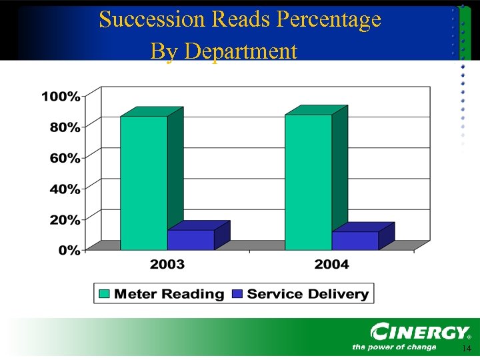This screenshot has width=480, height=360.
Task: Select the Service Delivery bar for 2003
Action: (x=191, y=239)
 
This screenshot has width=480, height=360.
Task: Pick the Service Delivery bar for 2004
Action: (x=355, y=240)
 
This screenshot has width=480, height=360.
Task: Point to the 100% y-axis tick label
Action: (x=61, y=97)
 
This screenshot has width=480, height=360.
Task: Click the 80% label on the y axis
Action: (x=65, y=127)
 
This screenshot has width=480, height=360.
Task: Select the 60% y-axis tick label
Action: (x=65, y=158)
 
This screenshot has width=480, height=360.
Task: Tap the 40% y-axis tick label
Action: (x=65, y=189)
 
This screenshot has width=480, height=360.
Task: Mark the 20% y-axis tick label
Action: (x=65, y=219)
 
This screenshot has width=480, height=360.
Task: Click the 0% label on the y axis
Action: (x=68, y=251)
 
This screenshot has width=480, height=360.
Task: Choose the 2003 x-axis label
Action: (x=167, y=265)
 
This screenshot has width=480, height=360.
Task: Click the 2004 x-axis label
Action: (x=331, y=265)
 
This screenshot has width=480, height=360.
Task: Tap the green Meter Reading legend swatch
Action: (x=104, y=293)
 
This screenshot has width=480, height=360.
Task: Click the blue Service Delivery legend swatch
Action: (x=237, y=293)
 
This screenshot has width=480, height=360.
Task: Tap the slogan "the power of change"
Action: (x=394, y=347)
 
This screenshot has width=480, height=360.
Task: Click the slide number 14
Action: (x=466, y=349)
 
